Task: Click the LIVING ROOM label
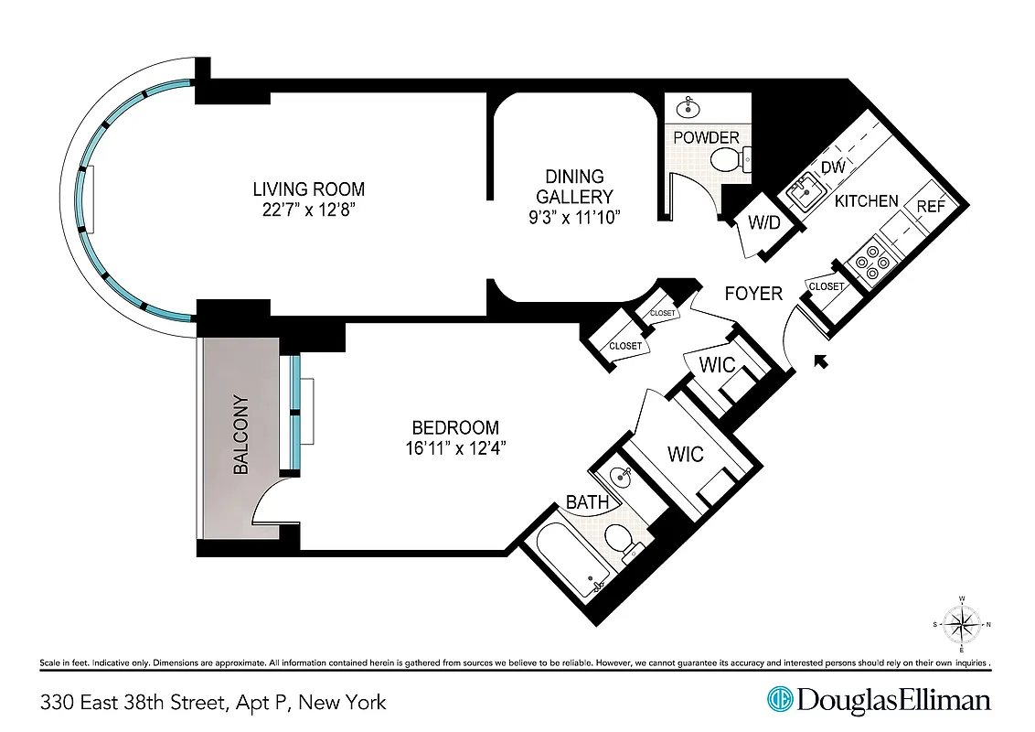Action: (x=308, y=189)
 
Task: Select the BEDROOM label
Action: (x=455, y=427)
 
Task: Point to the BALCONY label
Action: (x=241, y=435)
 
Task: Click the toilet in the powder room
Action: (x=731, y=162)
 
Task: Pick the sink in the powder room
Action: (x=688, y=109)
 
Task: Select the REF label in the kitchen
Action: (x=931, y=206)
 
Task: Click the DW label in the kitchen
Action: (x=832, y=167)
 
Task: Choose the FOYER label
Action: (x=753, y=294)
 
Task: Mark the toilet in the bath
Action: (x=625, y=541)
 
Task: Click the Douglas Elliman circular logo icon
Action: (x=779, y=701)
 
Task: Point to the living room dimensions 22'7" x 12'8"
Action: (x=308, y=210)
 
